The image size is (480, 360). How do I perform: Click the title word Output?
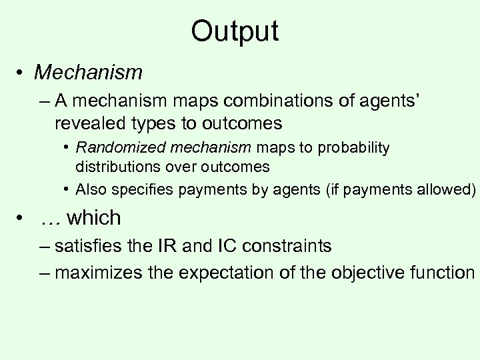(234, 31)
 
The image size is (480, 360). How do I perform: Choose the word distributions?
(117, 166)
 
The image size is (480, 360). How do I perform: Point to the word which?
(94, 217)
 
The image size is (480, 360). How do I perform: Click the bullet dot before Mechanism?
(23, 71)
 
